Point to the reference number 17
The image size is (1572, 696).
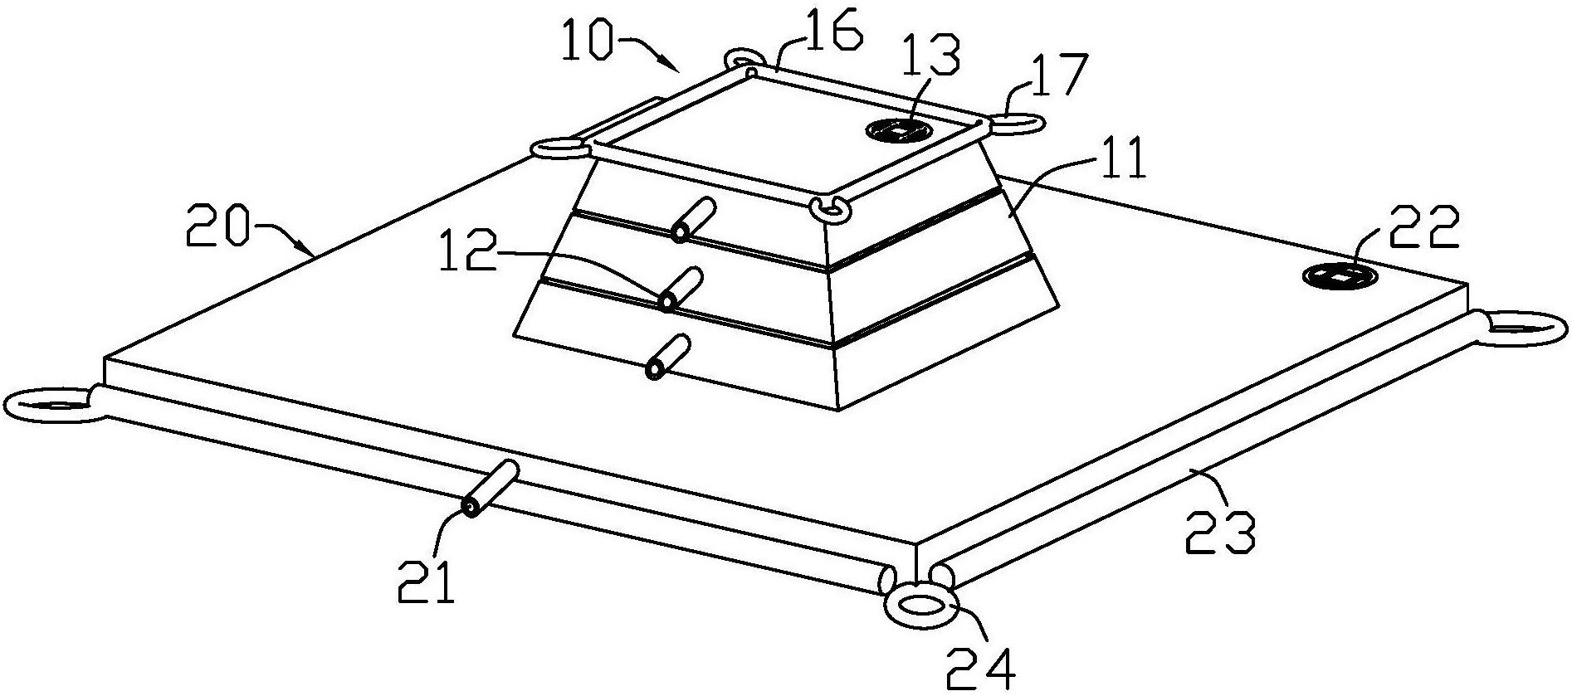pyautogui.click(x=1057, y=78)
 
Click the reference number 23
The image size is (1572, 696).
pyautogui.click(x=1219, y=532)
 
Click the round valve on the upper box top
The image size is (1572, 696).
pyautogui.click(x=899, y=129)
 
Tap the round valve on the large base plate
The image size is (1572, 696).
pyautogui.click(x=1339, y=276)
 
